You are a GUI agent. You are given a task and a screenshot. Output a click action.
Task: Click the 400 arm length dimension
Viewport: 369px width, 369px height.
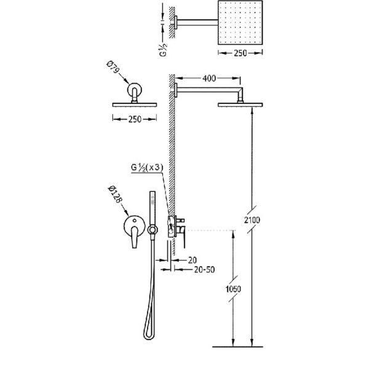coord(209,78)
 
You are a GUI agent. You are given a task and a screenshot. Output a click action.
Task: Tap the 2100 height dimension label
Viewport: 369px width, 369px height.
coord(252,220)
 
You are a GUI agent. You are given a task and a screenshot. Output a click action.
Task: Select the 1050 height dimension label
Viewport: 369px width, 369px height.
coord(233,289)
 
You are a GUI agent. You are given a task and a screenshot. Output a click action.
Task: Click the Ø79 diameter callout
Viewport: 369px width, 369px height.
coord(113,67)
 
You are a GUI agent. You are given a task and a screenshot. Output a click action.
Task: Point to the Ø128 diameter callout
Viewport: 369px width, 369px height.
coord(115,194)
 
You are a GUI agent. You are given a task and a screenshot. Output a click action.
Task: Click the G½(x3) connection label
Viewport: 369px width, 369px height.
coord(147,167)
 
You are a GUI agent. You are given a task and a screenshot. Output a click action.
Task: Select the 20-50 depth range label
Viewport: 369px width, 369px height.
coord(204,269)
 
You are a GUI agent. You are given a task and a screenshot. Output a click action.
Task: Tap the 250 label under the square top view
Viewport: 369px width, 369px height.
coord(240,53)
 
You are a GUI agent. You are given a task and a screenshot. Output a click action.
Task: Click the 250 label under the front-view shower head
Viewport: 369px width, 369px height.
coord(135,119)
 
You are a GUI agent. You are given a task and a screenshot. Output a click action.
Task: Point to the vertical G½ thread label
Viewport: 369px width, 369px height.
coord(164,49)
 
